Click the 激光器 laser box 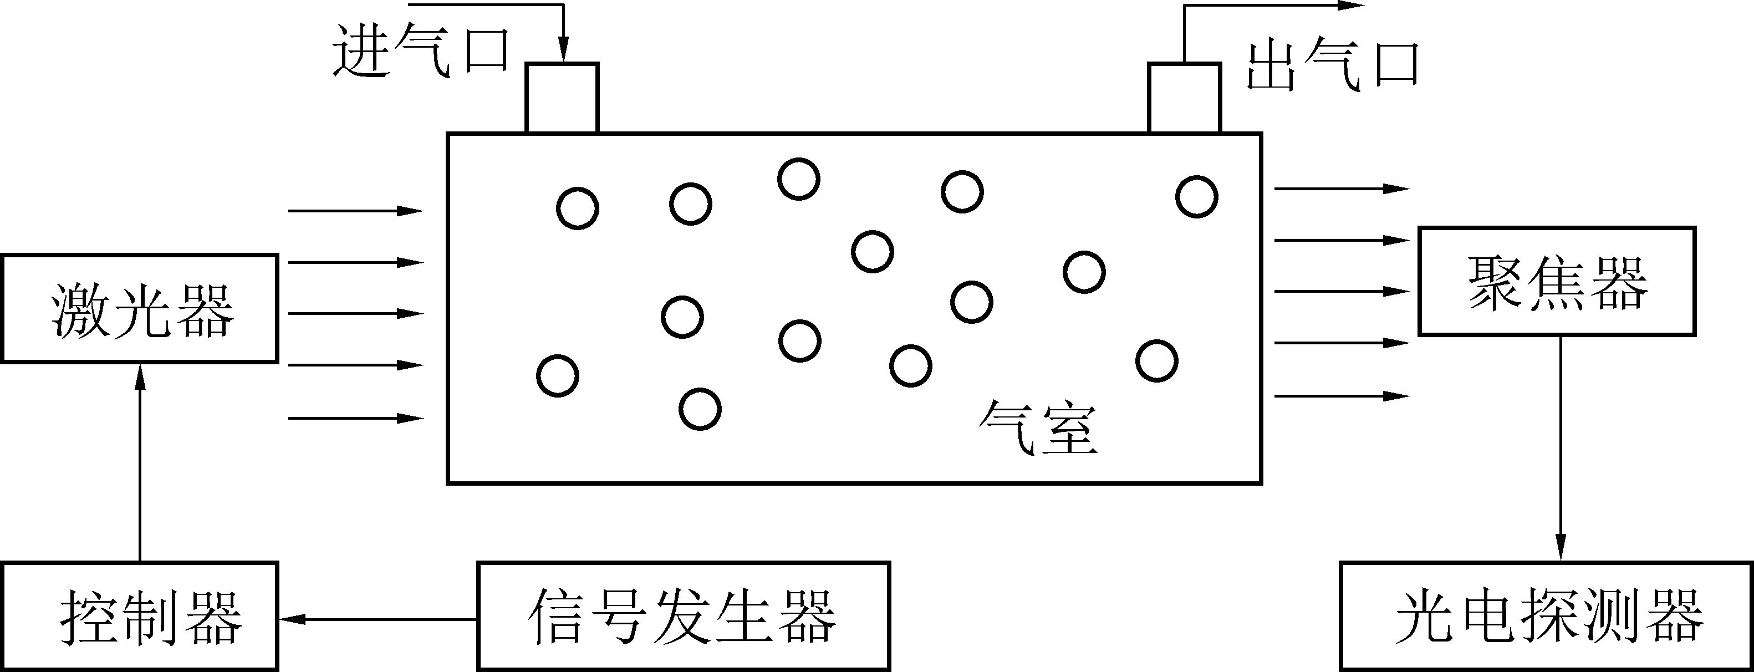[x=140, y=308]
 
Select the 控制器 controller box [x=140, y=616]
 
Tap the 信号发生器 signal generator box [x=683, y=616]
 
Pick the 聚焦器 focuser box [x=1557, y=281]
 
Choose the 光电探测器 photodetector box [x=1546, y=616]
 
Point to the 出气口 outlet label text [x=1333, y=66]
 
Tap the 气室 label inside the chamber [x=1038, y=428]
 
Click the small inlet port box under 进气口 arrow [x=562, y=98]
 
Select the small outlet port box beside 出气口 [x=1184, y=98]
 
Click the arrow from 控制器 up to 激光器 [x=140, y=463]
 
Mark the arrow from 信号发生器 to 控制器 [x=378, y=619]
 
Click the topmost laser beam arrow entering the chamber [x=355, y=211]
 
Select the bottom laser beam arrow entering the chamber [x=355, y=418]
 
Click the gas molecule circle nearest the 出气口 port [x=1196, y=197]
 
